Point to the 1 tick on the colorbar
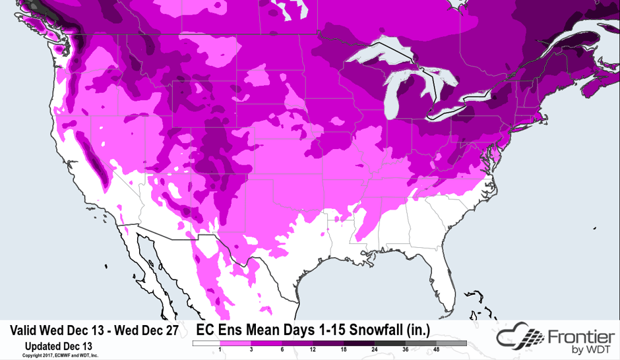coord(219,350)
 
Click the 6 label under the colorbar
coord(282,350)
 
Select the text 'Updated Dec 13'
coord(58,345)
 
